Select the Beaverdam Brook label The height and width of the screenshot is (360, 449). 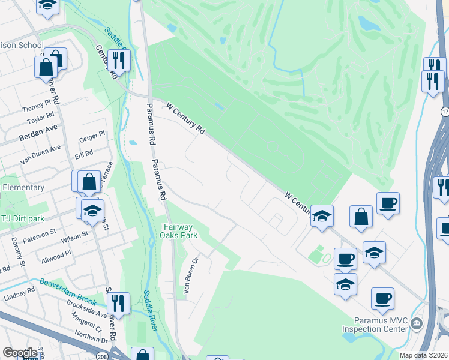[x=66, y=285]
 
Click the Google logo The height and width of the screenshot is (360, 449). [x=20, y=353]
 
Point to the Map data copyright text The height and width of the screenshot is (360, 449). [x=423, y=355]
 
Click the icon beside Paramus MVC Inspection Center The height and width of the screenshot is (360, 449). [x=416, y=325]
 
